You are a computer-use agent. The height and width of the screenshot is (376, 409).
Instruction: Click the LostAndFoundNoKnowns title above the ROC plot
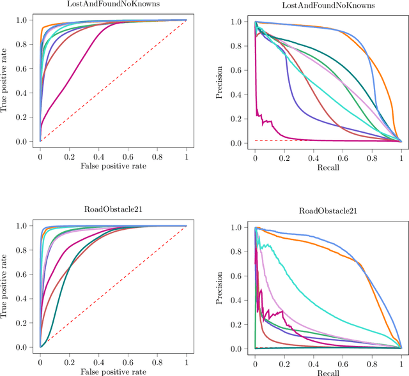coord(113,4)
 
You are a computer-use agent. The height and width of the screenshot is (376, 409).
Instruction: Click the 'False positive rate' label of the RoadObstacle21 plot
coord(113,371)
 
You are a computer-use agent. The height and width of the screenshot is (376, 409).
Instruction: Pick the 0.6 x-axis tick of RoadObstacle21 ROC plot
coord(128,362)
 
